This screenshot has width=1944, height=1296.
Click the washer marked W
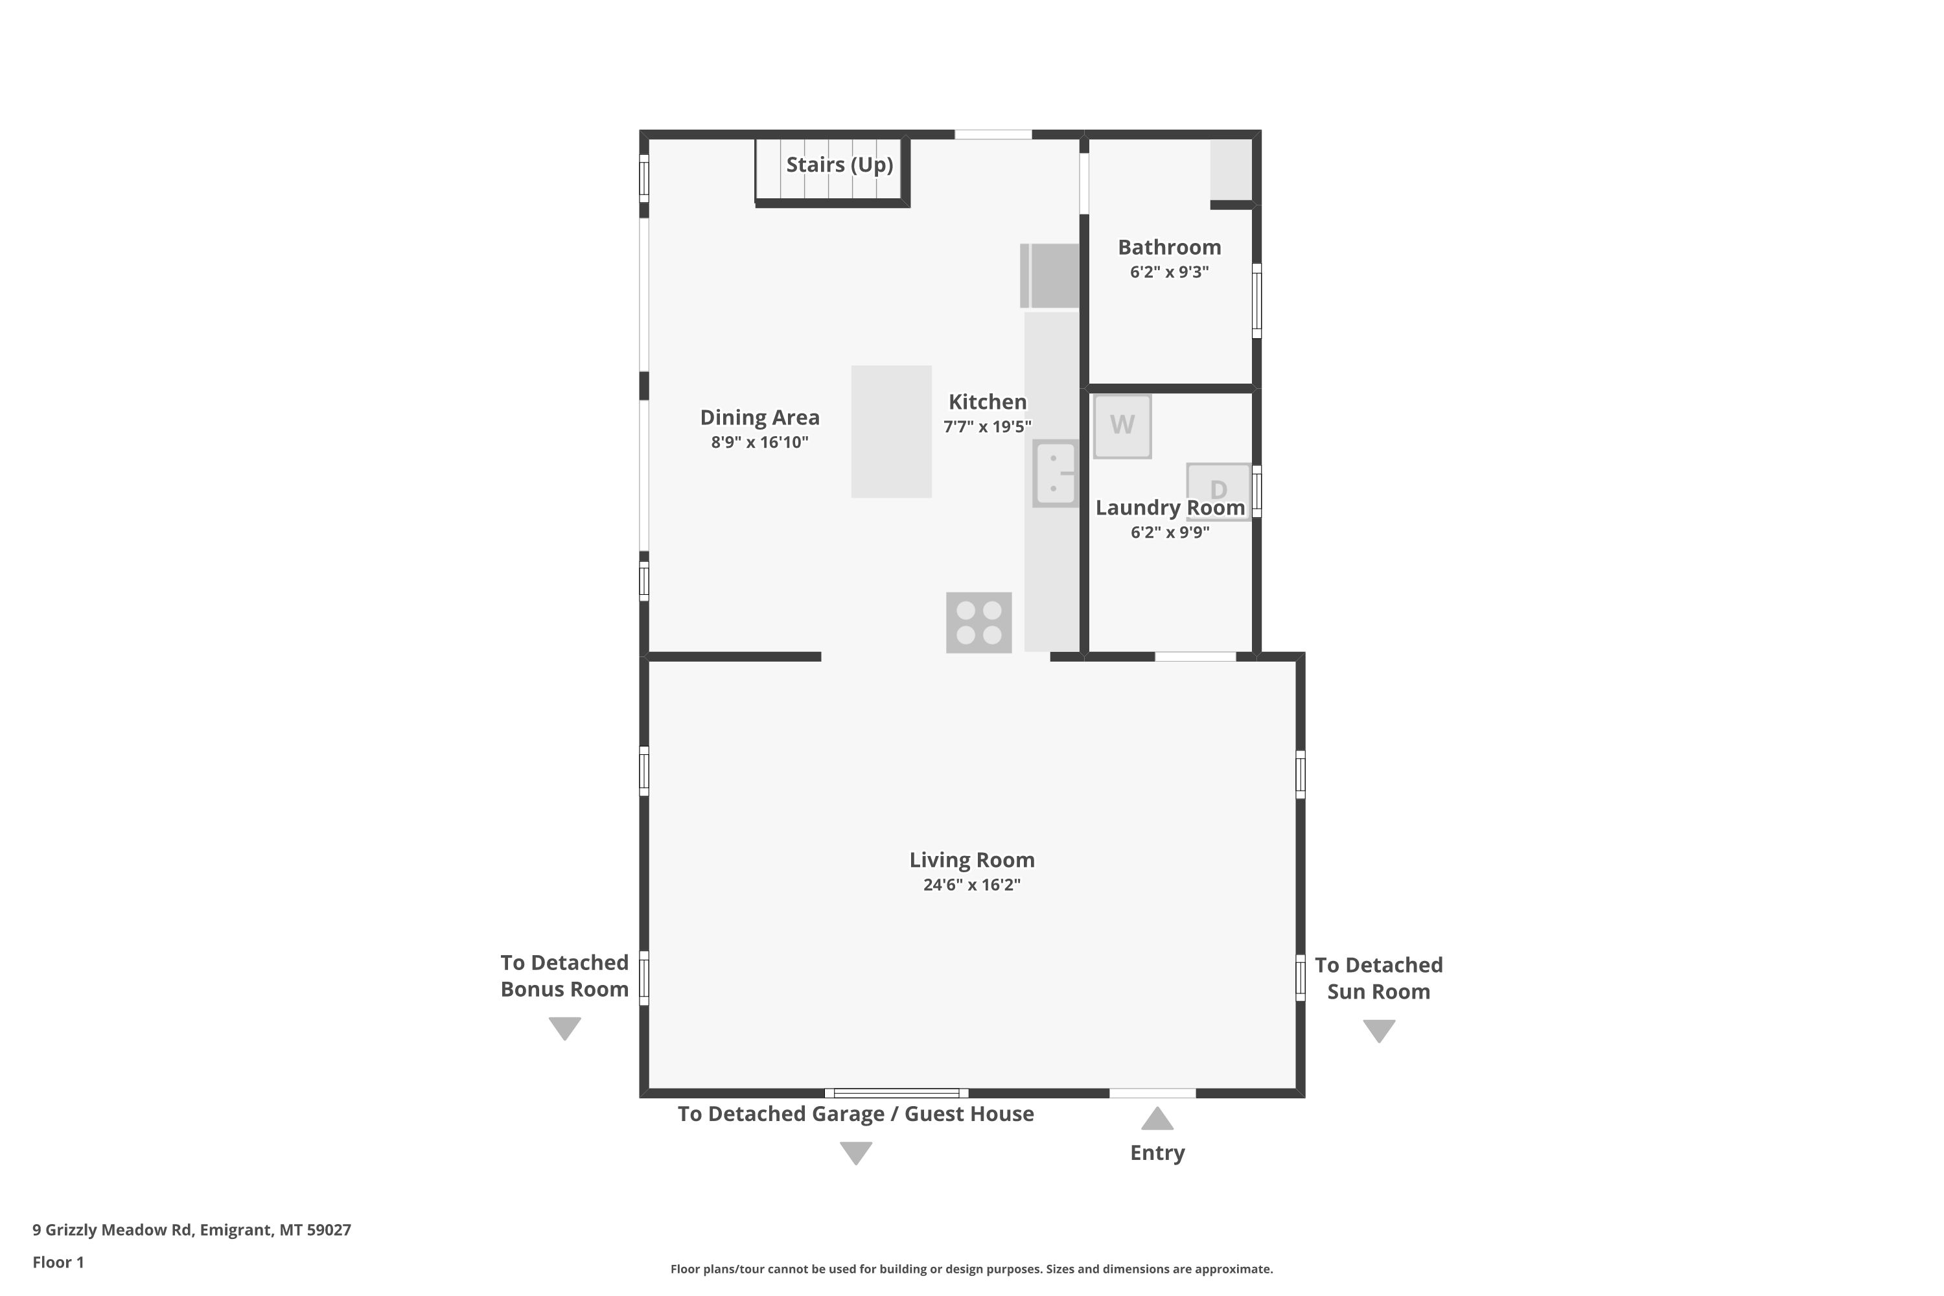point(1122,426)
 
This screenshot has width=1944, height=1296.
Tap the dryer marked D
point(1218,491)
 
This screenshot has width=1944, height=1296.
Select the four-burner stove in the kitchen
point(978,622)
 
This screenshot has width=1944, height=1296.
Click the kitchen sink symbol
point(1056,474)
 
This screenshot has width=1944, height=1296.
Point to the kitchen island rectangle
point(891,432)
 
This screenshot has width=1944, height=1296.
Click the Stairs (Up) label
point(839,165)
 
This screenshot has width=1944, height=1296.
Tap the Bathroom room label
point(1170,247)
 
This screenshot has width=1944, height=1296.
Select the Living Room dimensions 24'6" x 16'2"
point(972,885)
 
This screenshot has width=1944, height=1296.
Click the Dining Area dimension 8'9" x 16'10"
point(759,442)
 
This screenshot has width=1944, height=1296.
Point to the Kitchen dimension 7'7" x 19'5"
point(988,426)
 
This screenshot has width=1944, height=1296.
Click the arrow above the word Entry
point(1157,1118)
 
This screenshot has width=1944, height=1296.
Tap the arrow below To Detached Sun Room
point(1379,1032)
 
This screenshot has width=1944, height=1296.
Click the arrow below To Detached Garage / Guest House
point(855,1153)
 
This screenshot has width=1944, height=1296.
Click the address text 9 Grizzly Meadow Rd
point(111,1230)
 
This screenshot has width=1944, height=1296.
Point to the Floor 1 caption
point(58,1262)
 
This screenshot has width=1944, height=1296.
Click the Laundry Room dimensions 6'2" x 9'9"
point(1170,532)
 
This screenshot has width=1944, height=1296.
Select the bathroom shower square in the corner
point(1232,169)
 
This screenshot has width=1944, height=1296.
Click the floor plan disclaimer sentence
point(971,1269)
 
